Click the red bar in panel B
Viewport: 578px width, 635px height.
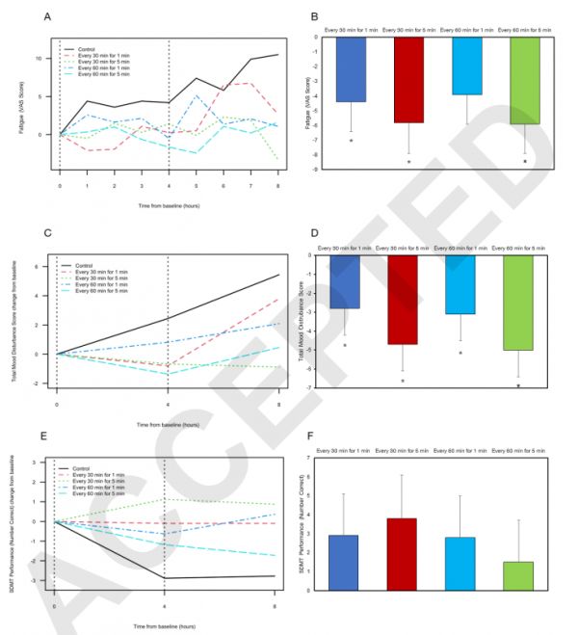click(x=407, y=79)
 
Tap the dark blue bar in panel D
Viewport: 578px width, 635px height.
click(x=351, y=281)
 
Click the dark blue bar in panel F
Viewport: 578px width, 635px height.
click(x=351, y=563)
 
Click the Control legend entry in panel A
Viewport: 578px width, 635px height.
click(x=88, y=49)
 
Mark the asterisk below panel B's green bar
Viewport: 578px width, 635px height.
click(x=524, y=162)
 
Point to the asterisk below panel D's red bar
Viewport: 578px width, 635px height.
click(x=404, y=381)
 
